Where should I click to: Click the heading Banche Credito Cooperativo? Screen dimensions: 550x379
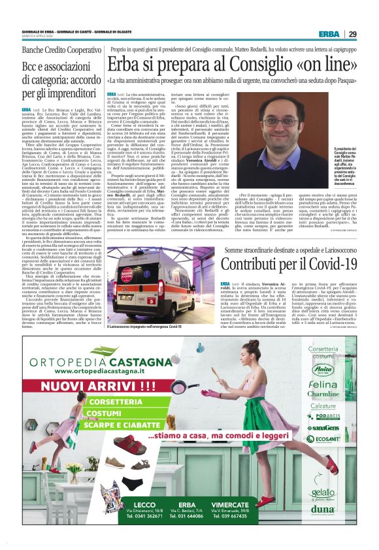61,50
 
